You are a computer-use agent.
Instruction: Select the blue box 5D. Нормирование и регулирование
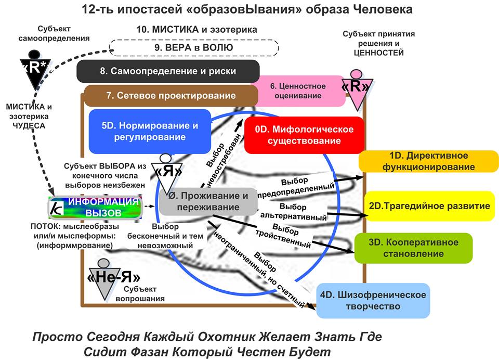click(x=150, y=132)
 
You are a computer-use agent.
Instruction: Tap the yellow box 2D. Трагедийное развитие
click(x=429, y=206)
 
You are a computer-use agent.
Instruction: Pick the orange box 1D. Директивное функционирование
click(x=428, y=161)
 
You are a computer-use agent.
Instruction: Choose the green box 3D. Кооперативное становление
click(x=414, y=248)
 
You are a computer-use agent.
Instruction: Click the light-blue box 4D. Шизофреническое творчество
click(x=373, y=300)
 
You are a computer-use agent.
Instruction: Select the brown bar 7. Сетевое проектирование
click(x=171, y=96)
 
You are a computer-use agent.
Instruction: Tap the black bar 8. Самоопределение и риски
click(x=167, y=71)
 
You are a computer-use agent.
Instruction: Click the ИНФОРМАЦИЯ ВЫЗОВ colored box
click(x=95, y=207)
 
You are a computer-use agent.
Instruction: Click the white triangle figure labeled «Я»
click(x=164, y=172)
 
